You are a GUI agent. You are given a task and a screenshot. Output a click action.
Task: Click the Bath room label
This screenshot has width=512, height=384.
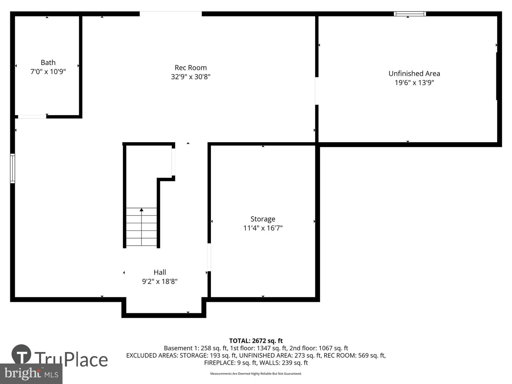pos(48,63)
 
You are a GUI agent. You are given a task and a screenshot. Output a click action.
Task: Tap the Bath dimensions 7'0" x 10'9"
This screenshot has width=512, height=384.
pos(48,72)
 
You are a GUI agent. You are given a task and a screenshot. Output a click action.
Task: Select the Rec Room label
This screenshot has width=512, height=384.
pos(191,68)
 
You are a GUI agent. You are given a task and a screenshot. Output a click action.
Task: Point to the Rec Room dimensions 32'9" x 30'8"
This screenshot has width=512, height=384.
pos(191,77)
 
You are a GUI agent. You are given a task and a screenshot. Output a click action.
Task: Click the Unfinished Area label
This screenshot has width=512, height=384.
pos(414,74)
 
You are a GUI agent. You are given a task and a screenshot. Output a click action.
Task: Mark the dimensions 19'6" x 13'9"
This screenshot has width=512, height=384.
pos(414,83)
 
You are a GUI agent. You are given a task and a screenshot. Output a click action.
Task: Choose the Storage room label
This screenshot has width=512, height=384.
pos(263,219)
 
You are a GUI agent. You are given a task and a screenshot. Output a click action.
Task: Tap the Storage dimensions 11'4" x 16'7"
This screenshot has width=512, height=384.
pos(263,228)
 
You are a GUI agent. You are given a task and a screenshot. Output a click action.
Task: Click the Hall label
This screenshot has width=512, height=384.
pos(160,272)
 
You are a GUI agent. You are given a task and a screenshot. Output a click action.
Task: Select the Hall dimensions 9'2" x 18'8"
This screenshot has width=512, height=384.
pos(160,282)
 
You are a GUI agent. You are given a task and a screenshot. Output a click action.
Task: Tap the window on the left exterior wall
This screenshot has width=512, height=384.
pos(12,168)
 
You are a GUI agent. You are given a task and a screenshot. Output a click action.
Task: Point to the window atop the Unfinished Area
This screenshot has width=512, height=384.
pos(410,14)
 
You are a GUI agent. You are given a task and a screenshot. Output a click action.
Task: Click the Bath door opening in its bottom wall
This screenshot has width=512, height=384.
pos(32,117)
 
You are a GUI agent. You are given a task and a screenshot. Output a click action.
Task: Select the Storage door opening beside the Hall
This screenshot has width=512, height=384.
pos(209,257)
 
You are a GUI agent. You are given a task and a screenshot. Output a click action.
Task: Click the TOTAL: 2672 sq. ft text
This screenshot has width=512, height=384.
pos(256,341)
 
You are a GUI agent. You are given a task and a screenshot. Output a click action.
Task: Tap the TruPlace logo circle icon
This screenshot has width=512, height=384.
pos(21,354)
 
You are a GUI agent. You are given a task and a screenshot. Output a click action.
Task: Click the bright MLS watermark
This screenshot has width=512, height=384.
pos(31,374)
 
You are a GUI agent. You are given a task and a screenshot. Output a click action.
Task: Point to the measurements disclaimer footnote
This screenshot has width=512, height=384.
pos(256,374)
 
